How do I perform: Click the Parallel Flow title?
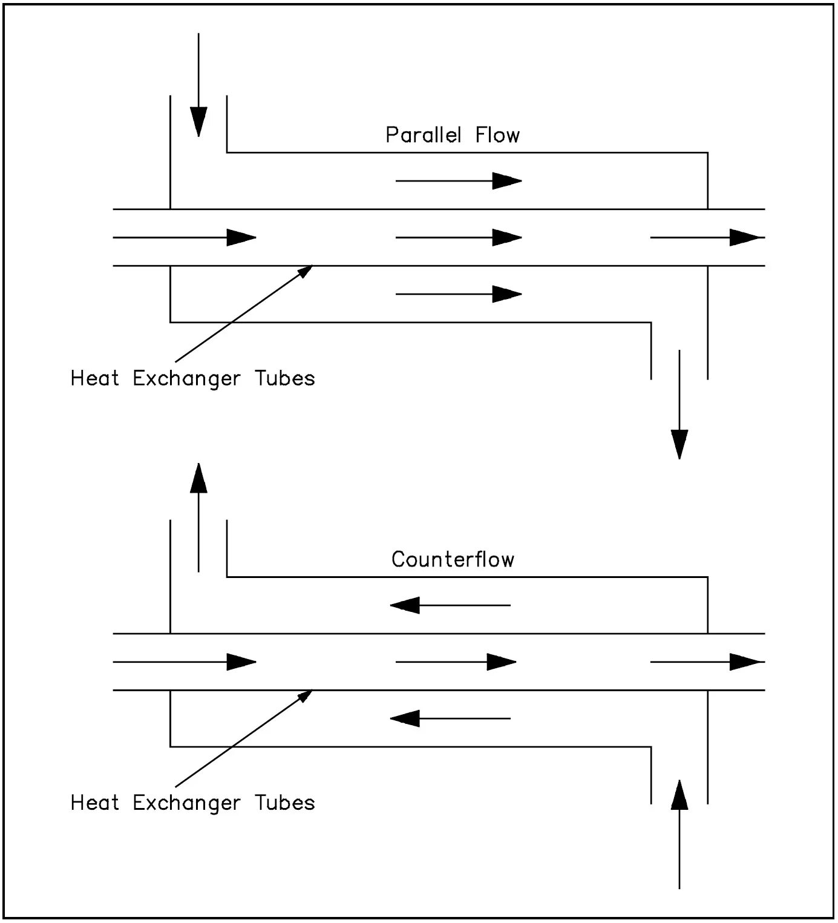[453, 134]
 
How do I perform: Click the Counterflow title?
[453, 559]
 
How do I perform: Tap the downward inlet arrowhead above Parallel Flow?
[198, 121]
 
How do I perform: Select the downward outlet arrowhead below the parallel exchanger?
[679, 444]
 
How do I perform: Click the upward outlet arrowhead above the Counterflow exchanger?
[198, 478]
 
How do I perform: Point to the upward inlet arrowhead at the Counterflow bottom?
[679, 795]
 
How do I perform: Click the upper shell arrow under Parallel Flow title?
[459, 180]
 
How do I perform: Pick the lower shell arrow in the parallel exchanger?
[459, 294]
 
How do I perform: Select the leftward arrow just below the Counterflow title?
[451, 605]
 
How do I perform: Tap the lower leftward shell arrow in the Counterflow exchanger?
[451, 718]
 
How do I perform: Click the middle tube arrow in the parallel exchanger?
[459, 237]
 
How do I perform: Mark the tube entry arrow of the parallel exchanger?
[185, 237]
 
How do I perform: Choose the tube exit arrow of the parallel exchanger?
[707, 237]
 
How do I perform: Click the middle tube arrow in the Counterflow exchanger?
[456, 662]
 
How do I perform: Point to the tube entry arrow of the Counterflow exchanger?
[185, 662]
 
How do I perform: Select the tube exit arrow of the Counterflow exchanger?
[707, 662]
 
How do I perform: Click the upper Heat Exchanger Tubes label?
[192, 378]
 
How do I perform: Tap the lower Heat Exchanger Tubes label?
[192, 803]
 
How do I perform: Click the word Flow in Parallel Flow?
[497, 134]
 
